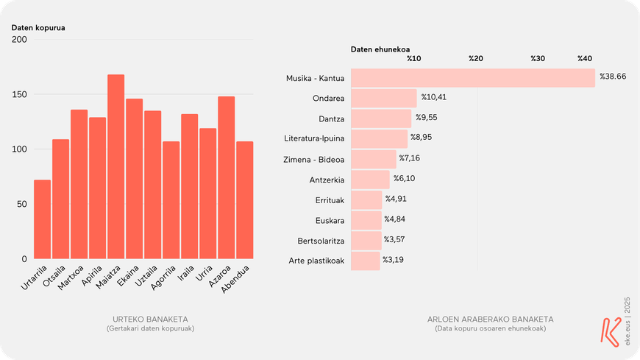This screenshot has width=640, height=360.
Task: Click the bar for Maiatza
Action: (x=116, y=167)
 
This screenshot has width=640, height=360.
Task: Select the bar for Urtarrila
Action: (x=43, y=219)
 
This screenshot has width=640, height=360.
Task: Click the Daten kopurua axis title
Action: (x=38, y=28)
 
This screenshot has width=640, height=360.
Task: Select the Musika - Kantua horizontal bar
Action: (x=472, y=78)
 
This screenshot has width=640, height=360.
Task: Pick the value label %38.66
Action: (x=613, y=77)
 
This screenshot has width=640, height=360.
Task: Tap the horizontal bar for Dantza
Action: (x=381, y=119)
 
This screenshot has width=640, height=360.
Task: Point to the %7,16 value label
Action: (x=410, y=158)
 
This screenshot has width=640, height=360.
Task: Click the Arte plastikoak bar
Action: (x=366, y=261)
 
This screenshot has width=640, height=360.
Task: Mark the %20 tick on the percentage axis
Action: (x=475, y=59)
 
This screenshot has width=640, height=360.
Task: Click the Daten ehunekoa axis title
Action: (x=380, y=49)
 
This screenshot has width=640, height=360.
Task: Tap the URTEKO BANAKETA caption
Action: (x=150, y=320)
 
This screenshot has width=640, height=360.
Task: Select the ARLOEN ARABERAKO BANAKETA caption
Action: (x=490, y=320)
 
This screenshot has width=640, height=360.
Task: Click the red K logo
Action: (x=610, y=331)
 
